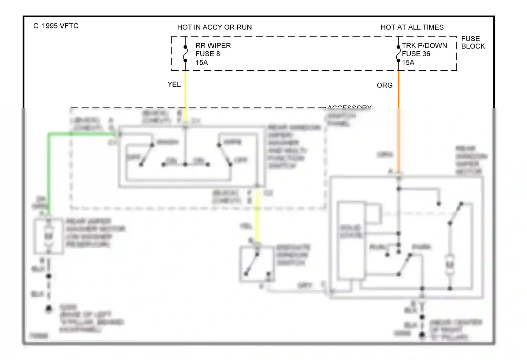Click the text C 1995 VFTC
pos(56,26)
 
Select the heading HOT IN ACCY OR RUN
pos(214,27)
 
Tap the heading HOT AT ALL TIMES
pos(412,27)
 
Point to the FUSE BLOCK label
pos(473,43)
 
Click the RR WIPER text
pos(213,46)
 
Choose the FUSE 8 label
pos(207,54)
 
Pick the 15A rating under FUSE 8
pos(202,63)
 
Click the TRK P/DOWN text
pos(424,46)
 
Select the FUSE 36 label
pos(416,54)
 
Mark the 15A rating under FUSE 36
pos(408,63)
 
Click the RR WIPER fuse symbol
pos(185,54)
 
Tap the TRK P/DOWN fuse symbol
pos(398,54)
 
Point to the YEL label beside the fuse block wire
pos(174,85)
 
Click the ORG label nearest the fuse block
pos(384,85)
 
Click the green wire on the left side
pos(49,169)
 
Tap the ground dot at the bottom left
pos(49,309)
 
